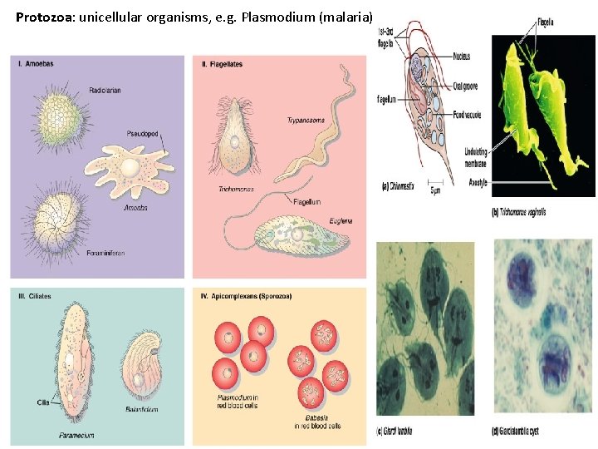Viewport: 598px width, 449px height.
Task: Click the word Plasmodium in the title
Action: (x=277, y=17)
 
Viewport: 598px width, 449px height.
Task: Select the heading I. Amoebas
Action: (x=34, y=65)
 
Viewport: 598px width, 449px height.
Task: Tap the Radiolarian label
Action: (x=105, y=91)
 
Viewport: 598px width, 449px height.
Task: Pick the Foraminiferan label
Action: (x=105, y=253)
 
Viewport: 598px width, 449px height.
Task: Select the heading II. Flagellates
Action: (x=222, y=65)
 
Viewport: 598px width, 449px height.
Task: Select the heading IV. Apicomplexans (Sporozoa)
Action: (x=246, y=296)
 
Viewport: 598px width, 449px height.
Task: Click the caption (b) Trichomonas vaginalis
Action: (x=519, y=212)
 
